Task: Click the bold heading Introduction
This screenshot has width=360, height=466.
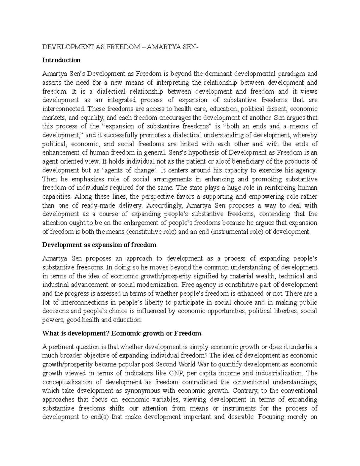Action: (61, 60)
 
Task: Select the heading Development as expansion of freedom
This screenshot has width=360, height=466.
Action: (99, 245)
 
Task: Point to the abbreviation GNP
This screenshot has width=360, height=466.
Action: (175, 373)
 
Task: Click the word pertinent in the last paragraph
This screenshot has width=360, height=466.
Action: (58, 347)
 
